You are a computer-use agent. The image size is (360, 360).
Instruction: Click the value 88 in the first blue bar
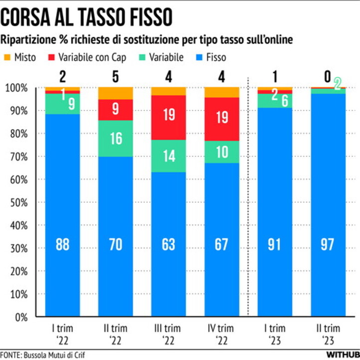pos(62,245)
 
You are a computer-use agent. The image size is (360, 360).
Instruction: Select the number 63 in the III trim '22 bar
pos(169,245)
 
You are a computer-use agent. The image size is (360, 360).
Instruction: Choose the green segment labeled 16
pos(116,138)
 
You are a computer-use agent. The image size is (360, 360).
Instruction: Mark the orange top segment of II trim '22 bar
pos(116,93)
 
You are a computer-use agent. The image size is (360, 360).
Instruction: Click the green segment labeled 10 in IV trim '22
pos(222,152)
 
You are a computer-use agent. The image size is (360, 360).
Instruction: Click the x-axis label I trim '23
pos(275,333)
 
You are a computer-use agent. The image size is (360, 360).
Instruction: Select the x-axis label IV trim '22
pos(222,333)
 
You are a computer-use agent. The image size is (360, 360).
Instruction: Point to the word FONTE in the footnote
pos(10,356)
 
